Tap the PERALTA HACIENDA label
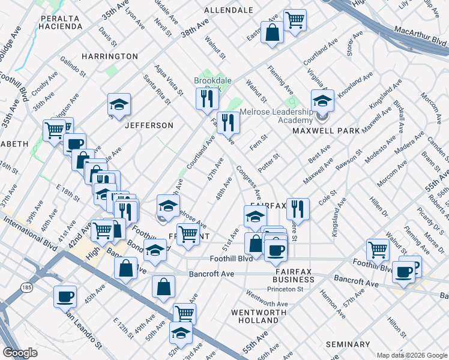pyautogui.click(x=61, y=22)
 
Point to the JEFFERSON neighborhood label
pyautogui.click(x=149, y=125)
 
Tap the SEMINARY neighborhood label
pyautogui.click(x=348, y=344)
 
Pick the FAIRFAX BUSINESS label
pyautogui.click(x=294, y=275)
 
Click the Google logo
pyautogui.click(x=20, y=353)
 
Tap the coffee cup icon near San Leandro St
pyautogui.click(x=65, y=296)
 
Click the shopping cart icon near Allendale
pyautogui.click(x=295, y=19)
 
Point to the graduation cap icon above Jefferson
pyautogui.click(x=119, y=104)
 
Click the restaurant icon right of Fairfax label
pyautogui.click(x=298, y=209)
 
